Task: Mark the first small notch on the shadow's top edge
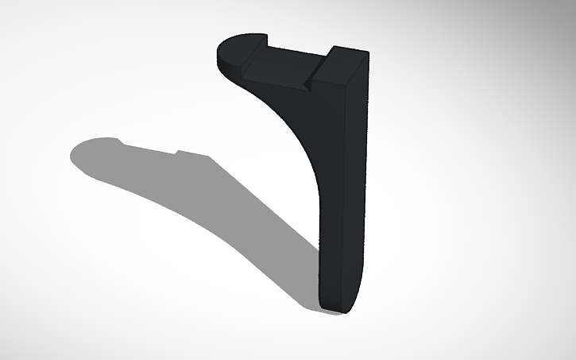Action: click(122, 143)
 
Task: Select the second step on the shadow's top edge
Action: click(178, 152)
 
